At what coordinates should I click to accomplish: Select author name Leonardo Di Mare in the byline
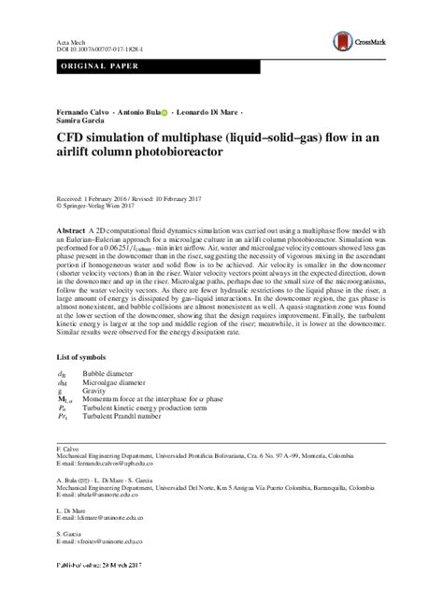point(208,113)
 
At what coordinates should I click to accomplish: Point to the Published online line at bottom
point(93,569)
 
